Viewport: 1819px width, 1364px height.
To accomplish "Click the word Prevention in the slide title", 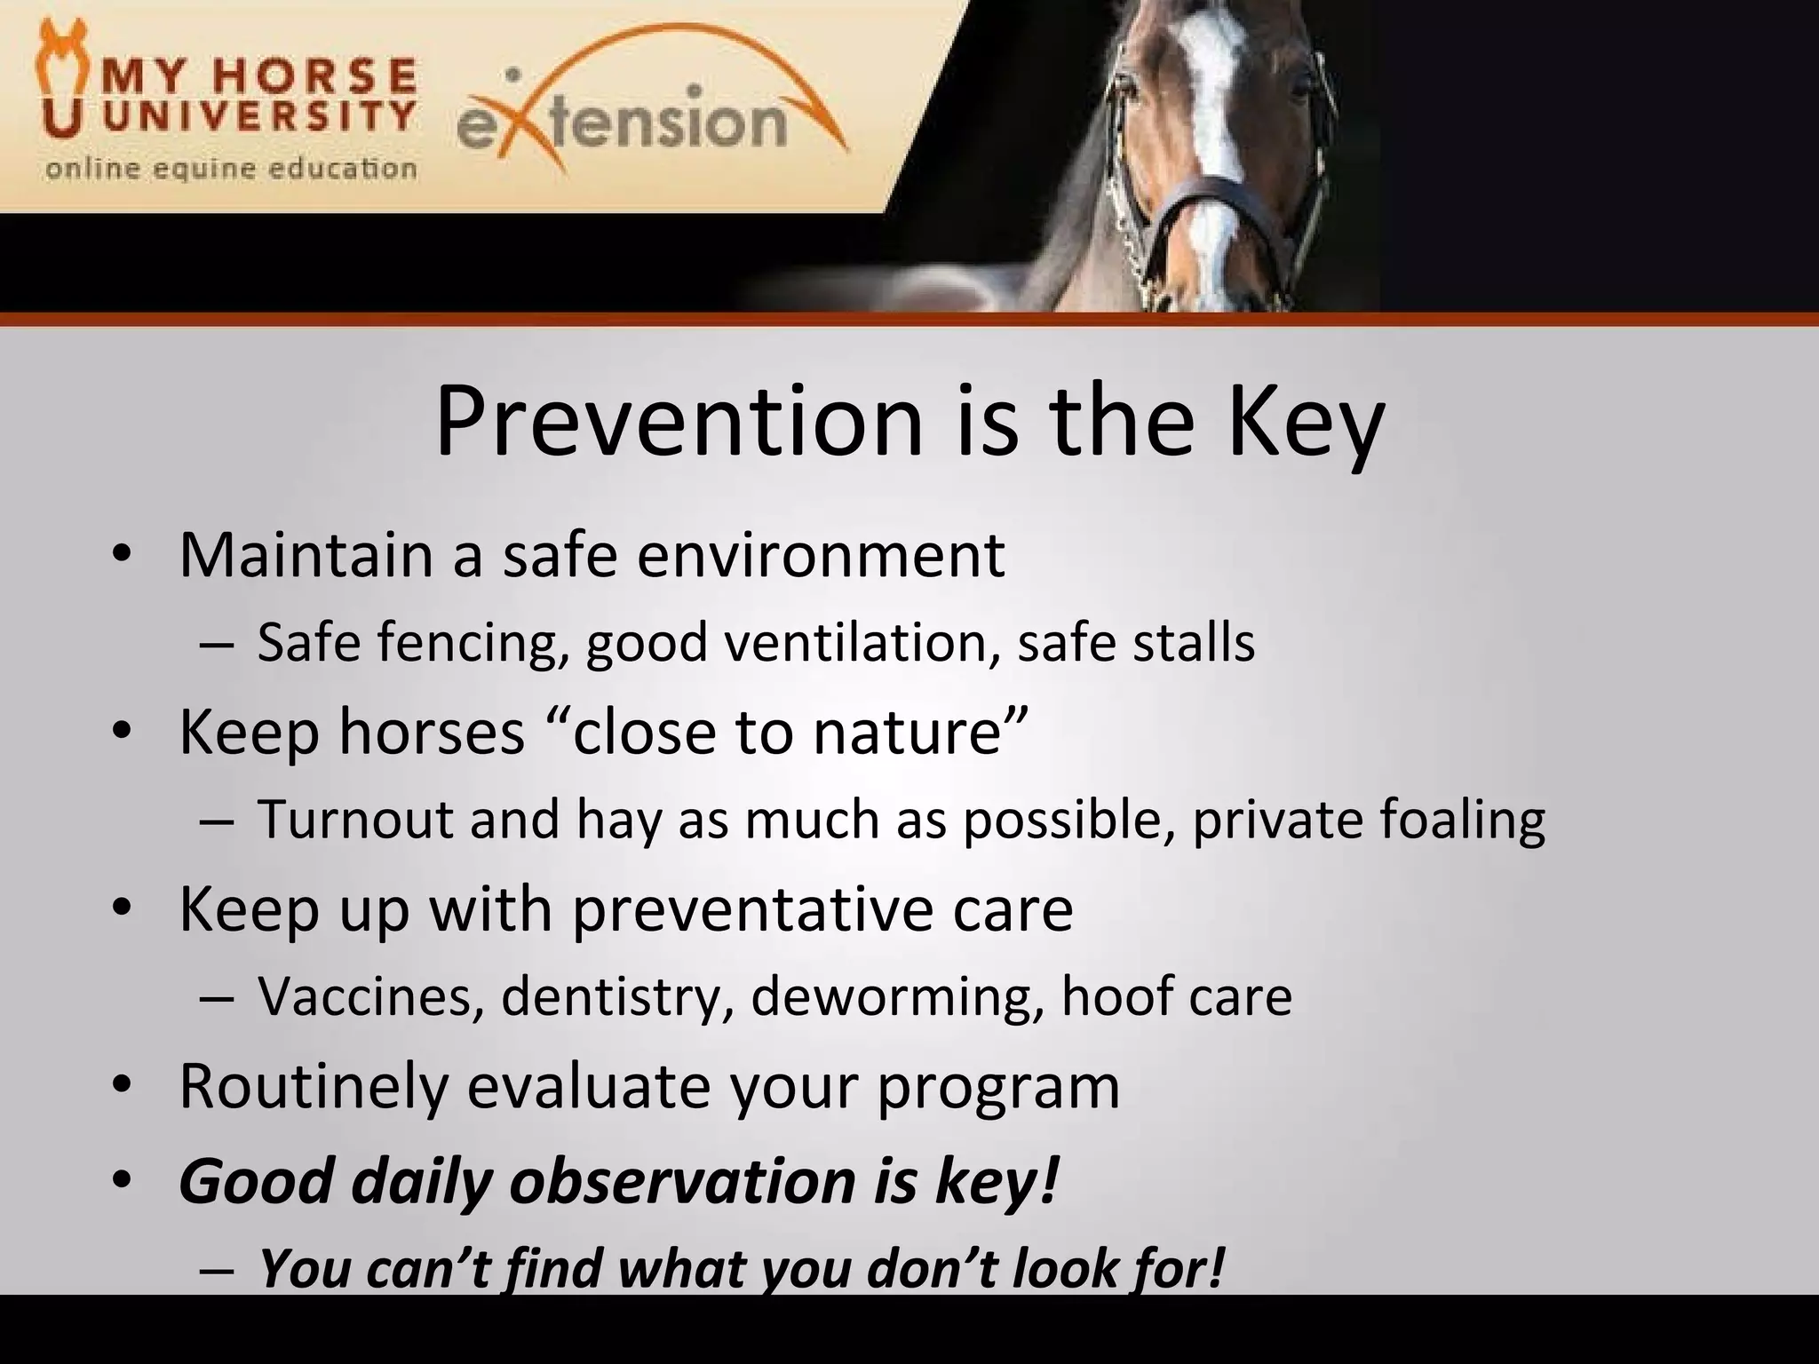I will [x=679, y=423].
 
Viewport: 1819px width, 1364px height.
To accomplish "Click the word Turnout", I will [x=356, y=819].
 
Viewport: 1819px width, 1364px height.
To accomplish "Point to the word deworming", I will [x=897, y=996].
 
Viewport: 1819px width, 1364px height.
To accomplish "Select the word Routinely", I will [x=313, y=1086].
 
